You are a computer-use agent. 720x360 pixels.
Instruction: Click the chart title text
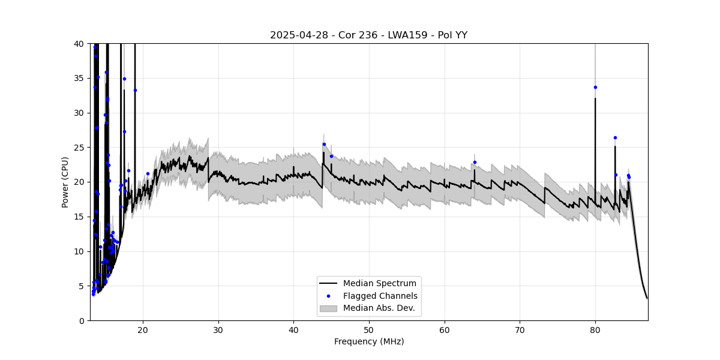[368, 35]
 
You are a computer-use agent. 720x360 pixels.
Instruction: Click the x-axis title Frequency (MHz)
[368, 341]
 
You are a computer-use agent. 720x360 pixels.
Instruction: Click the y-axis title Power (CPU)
[65, 182]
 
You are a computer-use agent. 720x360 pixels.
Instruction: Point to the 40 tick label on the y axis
[79, 44]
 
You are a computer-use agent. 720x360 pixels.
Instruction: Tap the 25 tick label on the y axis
[79, 148]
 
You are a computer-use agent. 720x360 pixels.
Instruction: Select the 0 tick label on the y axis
[81, 320]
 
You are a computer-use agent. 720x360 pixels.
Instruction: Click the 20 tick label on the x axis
[143, 329]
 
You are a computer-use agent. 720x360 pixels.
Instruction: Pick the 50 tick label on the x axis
[369, 329]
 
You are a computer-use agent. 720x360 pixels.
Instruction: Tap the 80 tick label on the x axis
[595, 329]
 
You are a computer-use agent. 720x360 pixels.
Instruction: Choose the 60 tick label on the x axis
[445, 329]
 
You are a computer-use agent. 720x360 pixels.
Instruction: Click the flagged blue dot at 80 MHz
[595, 87]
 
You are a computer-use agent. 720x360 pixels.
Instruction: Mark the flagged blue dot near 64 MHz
[475, 162]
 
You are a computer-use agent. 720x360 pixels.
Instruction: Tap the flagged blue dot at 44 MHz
[324, 144]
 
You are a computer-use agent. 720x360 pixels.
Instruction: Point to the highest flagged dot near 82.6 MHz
[615, 137]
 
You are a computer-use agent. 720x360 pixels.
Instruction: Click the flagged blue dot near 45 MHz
[331, 156]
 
